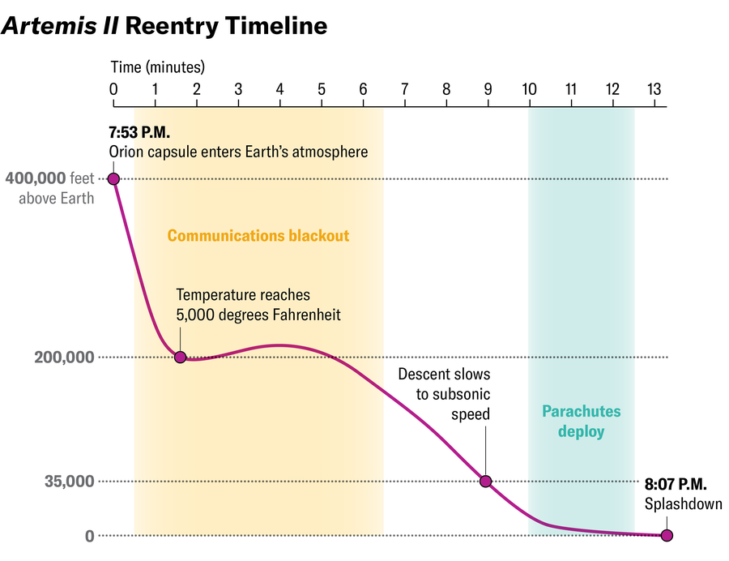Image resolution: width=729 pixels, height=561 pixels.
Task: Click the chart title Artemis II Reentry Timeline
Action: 164,26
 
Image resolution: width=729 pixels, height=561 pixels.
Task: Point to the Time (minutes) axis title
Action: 157,66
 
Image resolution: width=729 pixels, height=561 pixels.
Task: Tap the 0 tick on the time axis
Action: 113,88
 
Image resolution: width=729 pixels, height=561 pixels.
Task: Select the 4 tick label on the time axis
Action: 279,88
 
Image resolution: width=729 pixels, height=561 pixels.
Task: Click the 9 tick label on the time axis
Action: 487,88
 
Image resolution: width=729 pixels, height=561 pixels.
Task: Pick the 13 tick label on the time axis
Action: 655,88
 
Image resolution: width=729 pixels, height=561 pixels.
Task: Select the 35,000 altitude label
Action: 70,482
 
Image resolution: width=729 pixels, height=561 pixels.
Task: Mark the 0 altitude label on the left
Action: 89,536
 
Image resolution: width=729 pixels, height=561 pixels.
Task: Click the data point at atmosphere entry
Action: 113,178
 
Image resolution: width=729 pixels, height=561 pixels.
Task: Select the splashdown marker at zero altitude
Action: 667,535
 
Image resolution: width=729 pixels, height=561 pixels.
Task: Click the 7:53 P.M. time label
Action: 139,131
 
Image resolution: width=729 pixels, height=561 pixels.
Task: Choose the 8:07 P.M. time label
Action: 676,485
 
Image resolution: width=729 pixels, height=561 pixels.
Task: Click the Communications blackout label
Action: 258,236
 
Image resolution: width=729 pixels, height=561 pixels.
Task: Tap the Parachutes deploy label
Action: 581,422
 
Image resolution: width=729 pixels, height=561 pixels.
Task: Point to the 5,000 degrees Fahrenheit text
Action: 258,315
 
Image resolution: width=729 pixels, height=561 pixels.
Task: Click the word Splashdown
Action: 683,504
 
